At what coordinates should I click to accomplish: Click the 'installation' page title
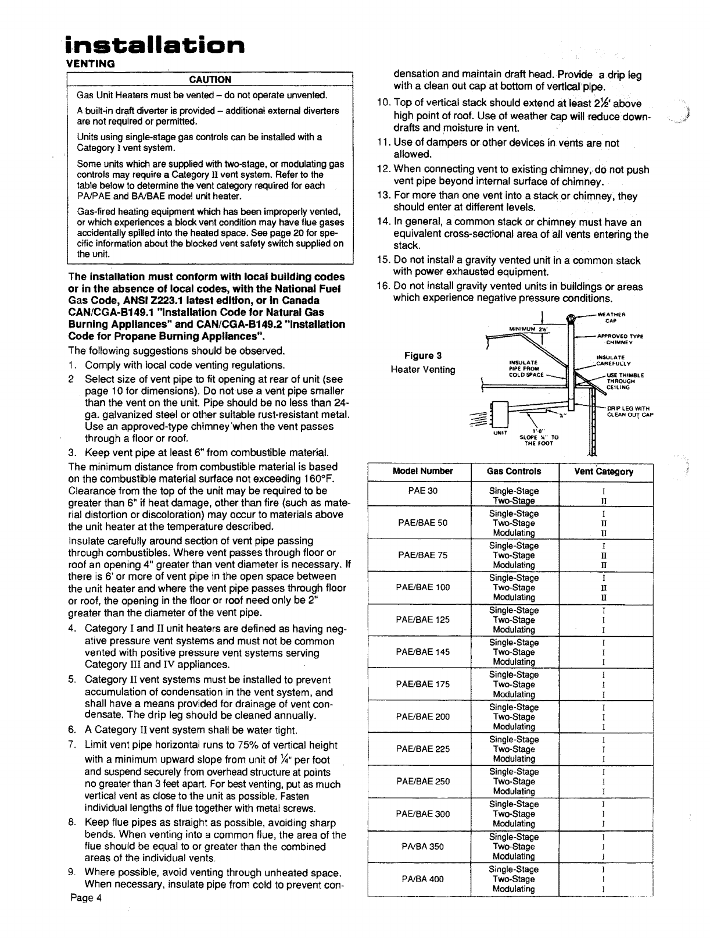coord(155,44)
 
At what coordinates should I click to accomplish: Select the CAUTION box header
coord(210,80)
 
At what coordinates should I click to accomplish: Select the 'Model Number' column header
coord(423,471)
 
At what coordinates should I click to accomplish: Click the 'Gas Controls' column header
coord(514,471)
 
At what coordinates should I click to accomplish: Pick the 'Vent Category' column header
coord(604,471)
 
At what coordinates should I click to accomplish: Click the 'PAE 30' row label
coord(423,491)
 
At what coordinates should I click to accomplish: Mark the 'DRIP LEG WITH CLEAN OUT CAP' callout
coord(630,411)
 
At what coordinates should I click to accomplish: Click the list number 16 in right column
coord(383,287)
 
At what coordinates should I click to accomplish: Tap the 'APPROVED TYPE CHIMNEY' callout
coord(623,339)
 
